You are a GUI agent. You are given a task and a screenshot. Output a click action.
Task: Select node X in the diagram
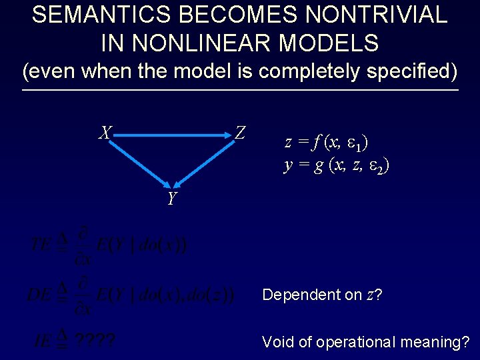(x=105, y=133)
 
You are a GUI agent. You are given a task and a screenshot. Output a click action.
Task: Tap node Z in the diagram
(x=240, y=133)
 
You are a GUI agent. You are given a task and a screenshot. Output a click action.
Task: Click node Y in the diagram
(x=172, y=199)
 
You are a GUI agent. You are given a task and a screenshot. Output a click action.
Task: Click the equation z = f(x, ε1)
(x=327, y=143)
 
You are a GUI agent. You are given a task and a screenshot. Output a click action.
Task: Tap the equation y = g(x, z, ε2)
(x=337, y=165)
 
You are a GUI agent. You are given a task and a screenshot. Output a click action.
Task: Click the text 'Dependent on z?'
(x=322, y=295)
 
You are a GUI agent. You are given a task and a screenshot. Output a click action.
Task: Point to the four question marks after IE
(x=94, y=342)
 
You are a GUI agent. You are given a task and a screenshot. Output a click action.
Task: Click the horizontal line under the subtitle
(x=240, y=90)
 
